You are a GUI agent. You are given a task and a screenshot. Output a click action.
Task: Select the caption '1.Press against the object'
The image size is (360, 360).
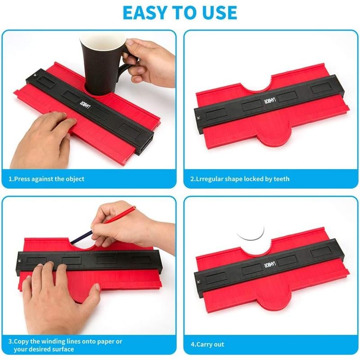pyautogui.click(x=47, y=179)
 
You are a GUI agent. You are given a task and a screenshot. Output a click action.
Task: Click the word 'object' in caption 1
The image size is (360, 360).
pyautogui.click(x=74, y=179)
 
